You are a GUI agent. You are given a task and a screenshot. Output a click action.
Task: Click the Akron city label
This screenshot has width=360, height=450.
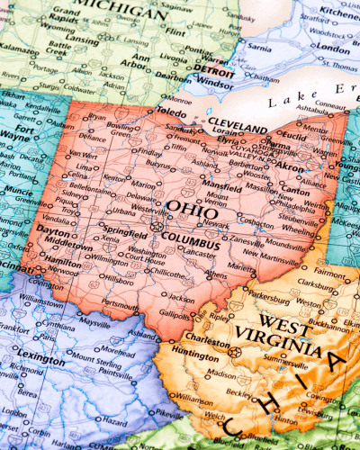coord(290,167)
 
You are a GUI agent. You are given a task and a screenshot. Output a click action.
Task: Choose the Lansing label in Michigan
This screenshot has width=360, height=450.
coord(81,40)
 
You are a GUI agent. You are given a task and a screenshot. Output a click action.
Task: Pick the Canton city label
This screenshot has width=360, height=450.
coord(294,190)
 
